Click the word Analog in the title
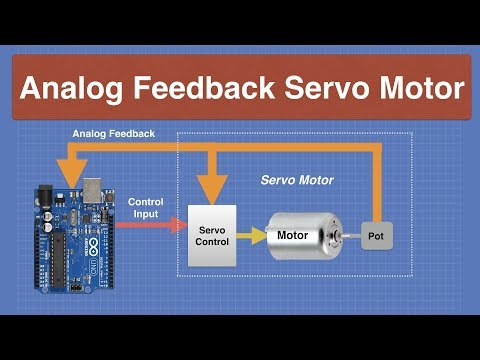[71, 89]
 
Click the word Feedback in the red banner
[208, 89]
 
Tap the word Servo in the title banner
[324, 89]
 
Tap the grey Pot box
[376, 235]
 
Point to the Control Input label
[146, 207]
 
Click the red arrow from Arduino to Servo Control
[150, 226]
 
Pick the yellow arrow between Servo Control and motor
[253, 235]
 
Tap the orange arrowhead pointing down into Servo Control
[210, 185]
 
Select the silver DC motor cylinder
[305, 235]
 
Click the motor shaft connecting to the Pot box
[351, 235]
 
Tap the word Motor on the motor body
[293, 236]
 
